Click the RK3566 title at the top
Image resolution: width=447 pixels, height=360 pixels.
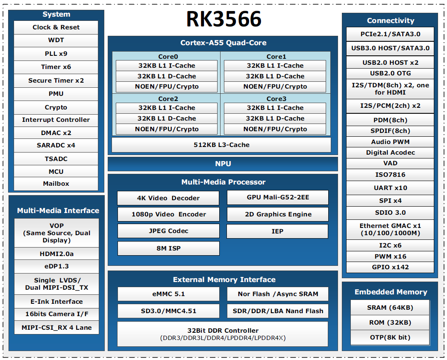pyautogui.click(x=223, y=19)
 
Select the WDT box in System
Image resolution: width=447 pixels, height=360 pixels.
pyautogui.click(x=56, y=40)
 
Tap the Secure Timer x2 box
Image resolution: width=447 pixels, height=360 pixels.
pyautogui.click(x=56, y=81)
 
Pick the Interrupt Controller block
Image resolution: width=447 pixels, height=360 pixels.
pyautogui.click(x=56, y=120)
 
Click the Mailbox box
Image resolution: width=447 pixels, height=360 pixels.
pyautogui.click(x=56, y=184)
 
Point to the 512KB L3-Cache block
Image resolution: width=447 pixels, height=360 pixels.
pyautogui.click(x=221, y=145)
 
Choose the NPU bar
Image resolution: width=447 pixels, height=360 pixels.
pyautogui.click(x=223, y=164)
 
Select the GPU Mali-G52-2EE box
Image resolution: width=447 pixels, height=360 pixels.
pyautogui.click(x=278, y=198)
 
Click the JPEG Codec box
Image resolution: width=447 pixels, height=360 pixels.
pyautogui.click(x=168, y=231)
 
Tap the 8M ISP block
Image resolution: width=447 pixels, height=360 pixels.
pyautogui.click(x=168, y=248)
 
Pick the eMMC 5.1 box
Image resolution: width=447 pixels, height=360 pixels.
pyautogui.click(x=168, y=294)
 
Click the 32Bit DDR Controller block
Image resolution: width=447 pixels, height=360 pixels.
pyautogui.click(x=223, y=334)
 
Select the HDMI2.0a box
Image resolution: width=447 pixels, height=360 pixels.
pyautogui.click(x=57, y=254)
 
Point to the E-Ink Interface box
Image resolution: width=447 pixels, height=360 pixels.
pyautogui.click(x=57, y=302)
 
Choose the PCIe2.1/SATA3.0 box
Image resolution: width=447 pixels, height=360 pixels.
pyautogui.click(x=390, y=35)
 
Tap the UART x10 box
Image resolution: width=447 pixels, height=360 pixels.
pyautogui.click(x=390, y=188)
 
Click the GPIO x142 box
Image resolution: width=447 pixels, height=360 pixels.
pyautogui.click(x=390, y=267)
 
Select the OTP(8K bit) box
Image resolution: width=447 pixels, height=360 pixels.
pyautogui.click(x=390, y=337)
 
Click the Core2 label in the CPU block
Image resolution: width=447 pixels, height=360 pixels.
pyautogui.click(x=168, y=99)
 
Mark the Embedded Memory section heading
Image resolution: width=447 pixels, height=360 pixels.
pyautogui.click(x=390, y=292)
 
